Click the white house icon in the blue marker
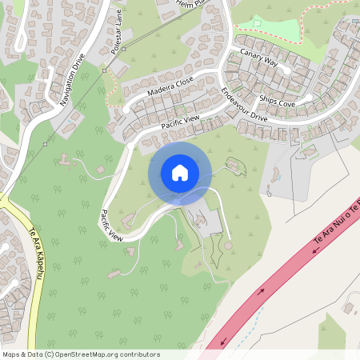coord(180,172)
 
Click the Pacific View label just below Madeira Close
coord(180,122)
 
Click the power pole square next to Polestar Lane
coord(105,70)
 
